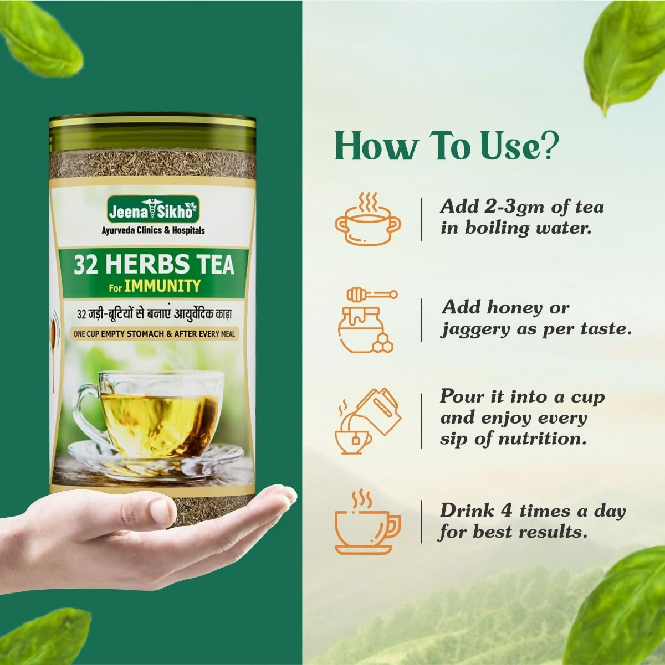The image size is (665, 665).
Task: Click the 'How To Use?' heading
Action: tap(447, 148)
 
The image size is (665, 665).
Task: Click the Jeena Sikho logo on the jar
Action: tap(153, 209)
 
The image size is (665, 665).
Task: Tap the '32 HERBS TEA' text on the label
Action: tap(154, 264)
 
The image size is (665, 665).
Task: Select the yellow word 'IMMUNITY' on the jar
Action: tap(162, 286)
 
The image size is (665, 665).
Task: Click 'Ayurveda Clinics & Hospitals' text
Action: tap(153, 230)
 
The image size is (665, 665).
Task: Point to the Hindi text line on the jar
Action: tap(154, 315)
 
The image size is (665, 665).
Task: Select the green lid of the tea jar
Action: tap(152, 133)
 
